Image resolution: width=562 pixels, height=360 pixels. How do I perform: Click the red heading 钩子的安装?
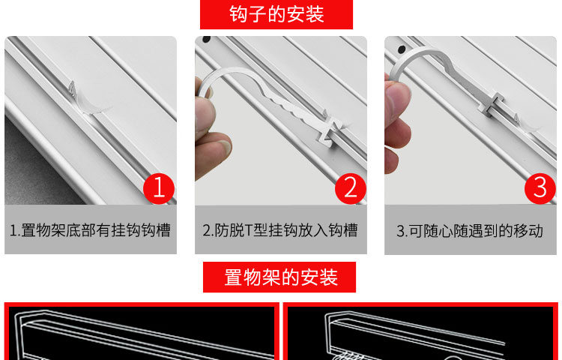coord(277,14)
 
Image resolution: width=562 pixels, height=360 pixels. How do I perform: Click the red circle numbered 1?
coord(159,188)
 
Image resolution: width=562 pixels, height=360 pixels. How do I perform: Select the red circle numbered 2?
coord(351,188)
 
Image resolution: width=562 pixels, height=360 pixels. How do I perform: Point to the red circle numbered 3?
coord(540,188)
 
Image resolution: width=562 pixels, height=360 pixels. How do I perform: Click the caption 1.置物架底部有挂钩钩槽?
coord(90,230)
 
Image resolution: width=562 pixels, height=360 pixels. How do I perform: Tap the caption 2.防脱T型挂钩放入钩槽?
coord(280,230)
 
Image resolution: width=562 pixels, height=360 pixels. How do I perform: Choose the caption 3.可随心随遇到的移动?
coord(470,230)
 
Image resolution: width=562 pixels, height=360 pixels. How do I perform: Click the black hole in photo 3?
coord(402,49)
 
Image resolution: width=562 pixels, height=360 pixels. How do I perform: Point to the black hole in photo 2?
coord(207,39)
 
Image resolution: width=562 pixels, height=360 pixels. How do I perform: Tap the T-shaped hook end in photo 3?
coord(492,105)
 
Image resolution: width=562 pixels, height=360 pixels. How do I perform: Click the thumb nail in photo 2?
coord(226,146)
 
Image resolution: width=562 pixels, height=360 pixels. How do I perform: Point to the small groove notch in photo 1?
coord(73,88)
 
